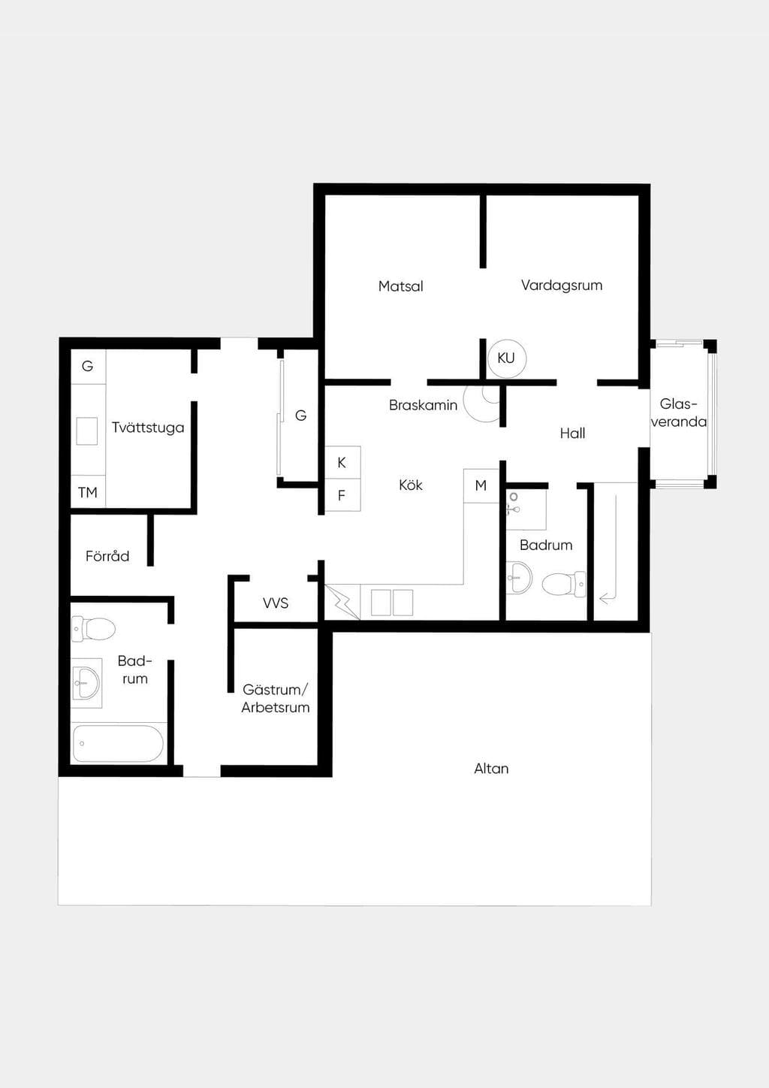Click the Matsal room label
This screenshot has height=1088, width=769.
click(400, 286)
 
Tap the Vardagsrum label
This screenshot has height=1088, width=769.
click(562, 285)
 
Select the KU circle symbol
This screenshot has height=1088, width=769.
click(507, 358)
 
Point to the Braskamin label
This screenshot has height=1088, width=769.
click(423, 404)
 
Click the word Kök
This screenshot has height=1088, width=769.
click(411, 485)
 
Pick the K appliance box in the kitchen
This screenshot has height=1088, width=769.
click(342, 462)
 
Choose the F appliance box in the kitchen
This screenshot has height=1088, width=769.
click(342, 495)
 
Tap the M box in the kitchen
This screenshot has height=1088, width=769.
click(481, 485)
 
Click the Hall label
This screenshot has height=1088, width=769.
click(572, 434)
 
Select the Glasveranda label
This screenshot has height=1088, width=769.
click(679, 413)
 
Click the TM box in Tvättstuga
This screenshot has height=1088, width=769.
click(88, 492)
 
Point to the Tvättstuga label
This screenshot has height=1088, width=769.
click(148, 428)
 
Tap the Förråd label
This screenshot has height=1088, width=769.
click(107, 556)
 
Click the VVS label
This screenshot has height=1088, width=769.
click(276, 603)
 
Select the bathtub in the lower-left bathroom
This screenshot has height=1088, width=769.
click(118, 744)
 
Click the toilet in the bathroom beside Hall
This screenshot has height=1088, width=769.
click(564, 584)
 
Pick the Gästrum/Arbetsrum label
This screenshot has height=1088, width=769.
click(276, 699)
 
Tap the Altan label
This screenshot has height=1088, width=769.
click(491, 769)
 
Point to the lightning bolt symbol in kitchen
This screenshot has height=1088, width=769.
click(342, 602)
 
